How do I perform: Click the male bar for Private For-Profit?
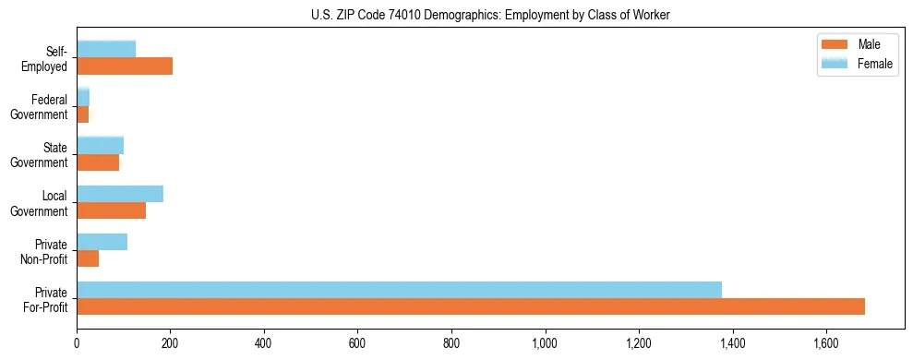471,306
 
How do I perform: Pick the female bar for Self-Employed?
106,49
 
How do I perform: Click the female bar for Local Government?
120,194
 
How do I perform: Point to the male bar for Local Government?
111,210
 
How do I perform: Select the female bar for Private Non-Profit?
102,242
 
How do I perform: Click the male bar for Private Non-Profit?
88,258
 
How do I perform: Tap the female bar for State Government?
100,145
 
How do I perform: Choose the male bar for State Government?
98,162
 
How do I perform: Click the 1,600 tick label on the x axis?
826,343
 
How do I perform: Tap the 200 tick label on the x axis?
171,343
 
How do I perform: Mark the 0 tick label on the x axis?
77,343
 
